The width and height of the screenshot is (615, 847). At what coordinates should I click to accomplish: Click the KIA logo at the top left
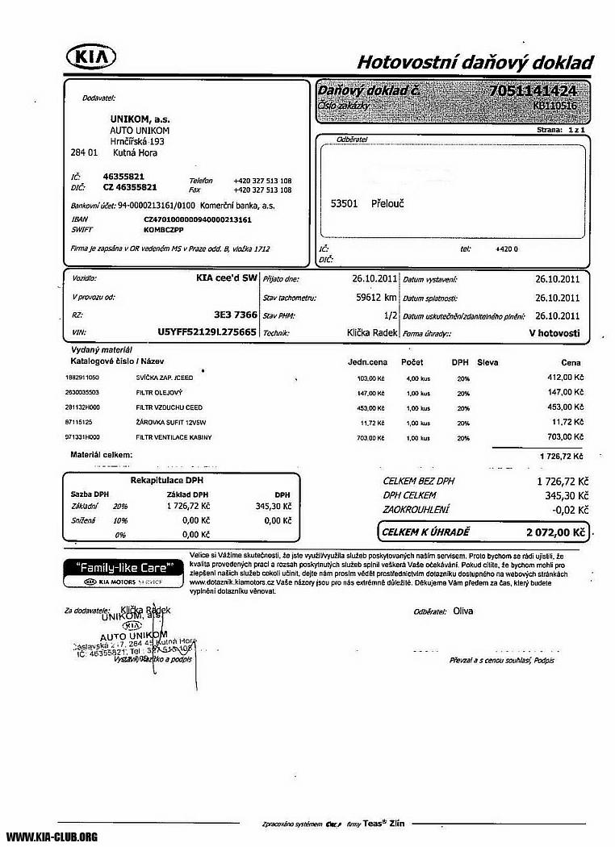point(90,56)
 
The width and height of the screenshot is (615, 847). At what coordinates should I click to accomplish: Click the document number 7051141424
point(532,90)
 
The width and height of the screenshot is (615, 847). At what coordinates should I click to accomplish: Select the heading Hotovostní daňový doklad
point(475,63)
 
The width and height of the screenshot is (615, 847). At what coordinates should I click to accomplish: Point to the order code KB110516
point(554,105)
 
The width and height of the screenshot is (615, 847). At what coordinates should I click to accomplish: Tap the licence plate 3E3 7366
point(236,315)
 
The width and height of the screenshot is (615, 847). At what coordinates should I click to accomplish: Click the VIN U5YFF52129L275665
point(207,332)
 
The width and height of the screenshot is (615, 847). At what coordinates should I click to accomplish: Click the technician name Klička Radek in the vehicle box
point(372,332)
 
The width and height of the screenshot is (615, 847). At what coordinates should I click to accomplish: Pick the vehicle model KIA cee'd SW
point(227,278)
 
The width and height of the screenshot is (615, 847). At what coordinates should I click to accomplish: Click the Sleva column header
point(487,362)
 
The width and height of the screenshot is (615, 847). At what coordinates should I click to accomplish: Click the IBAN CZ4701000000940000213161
point(198,219)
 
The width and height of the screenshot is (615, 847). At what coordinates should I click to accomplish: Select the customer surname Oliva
point(463,611)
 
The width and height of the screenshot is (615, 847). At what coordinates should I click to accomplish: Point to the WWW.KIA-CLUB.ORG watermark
point(52,837)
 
